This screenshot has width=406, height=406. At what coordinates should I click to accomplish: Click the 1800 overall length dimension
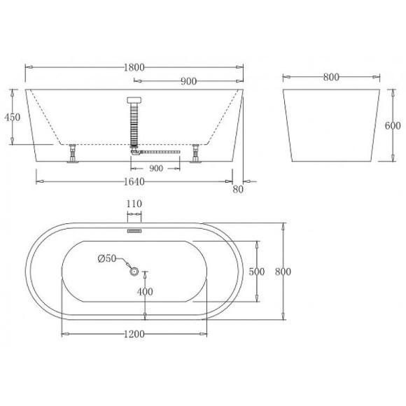tap(135, 67)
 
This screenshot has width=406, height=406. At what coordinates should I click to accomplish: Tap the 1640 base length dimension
tap(135, 182)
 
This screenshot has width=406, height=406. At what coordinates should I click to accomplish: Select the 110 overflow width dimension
tap(134, 203)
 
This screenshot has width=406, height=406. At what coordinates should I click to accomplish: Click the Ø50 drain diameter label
tap(107, 258)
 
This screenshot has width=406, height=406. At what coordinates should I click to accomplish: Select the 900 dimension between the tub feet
tap(155, 169)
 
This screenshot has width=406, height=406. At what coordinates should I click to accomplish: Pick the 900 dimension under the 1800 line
tap(188, 81)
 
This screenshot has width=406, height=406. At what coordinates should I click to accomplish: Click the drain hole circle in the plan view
tap(134, 272)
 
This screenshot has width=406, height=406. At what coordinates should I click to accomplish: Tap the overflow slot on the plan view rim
tap(134, 228)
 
